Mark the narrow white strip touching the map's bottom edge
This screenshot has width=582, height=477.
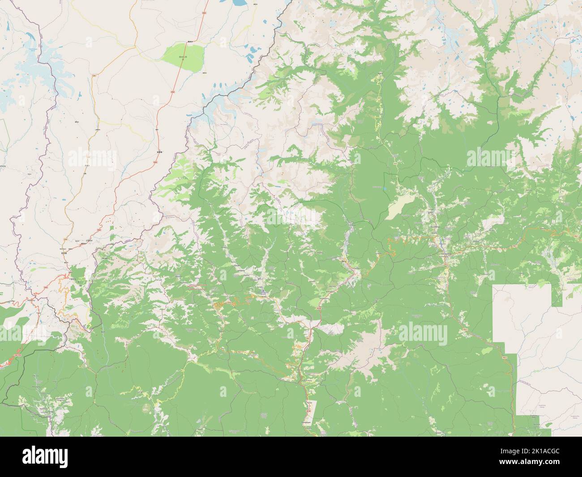(313, 417)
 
